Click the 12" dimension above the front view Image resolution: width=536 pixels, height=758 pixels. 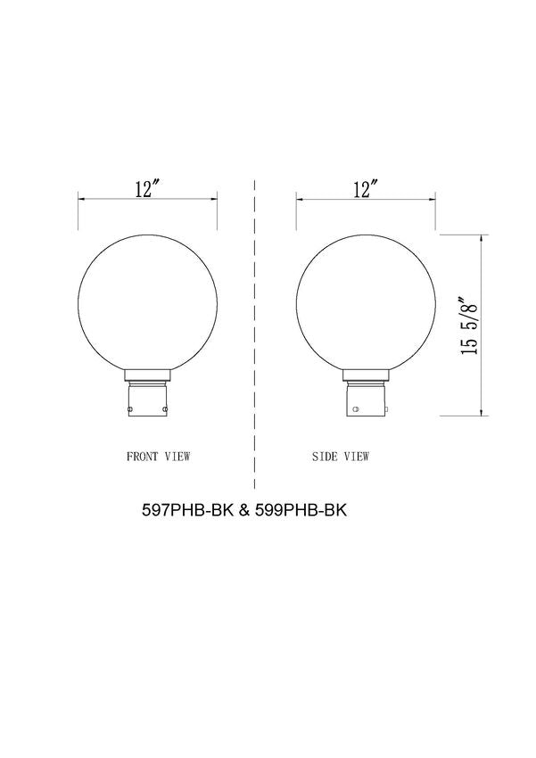coord(147,189)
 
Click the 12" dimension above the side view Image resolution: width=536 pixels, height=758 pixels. coord(365,189)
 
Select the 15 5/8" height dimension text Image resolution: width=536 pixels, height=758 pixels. coord(469,325)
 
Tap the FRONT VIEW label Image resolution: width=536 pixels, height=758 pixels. coord(160,456)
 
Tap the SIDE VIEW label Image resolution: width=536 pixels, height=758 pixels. coord(341,456)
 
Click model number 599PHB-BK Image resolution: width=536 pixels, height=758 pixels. coord(301,513)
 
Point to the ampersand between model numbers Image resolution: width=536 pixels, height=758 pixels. coord(243,513)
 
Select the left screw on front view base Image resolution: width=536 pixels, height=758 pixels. coord(130,410)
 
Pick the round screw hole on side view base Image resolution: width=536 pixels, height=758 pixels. coord(358,411)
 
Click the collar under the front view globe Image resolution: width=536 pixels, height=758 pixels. coord(148,374)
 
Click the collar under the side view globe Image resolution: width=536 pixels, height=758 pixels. coord(366,374)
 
